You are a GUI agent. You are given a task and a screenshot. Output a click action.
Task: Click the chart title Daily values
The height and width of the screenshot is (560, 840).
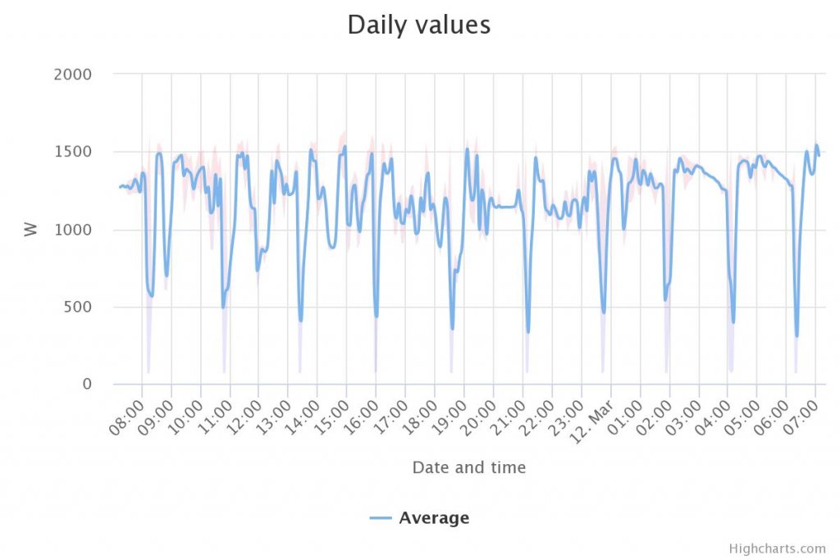pyautogui.click(x=418, y=25)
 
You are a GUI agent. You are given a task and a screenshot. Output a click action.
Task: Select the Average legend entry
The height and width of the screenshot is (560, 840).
pyautogui.click(x=433, y=517)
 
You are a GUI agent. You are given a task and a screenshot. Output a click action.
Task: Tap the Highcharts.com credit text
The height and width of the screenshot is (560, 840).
pyautogui.click(x=777, y=549)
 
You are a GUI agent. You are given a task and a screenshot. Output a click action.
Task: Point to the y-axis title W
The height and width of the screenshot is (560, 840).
pyautogui.click(x=31, y=229)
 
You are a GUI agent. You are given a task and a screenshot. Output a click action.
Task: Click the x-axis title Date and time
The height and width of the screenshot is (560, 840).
pyautogui.click(x=468, y=467)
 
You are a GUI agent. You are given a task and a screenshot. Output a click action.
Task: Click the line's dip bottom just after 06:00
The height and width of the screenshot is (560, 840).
pyautogui.click(x=797, y=336)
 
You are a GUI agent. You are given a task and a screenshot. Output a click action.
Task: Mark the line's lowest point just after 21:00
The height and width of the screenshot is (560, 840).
pyautogui.click(x=528, y=332)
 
